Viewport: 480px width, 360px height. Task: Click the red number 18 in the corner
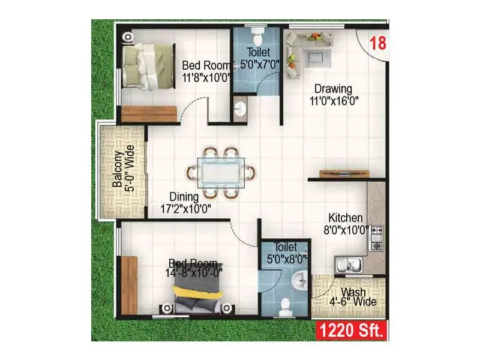point(377,43)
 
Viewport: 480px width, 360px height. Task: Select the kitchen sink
point(349,264)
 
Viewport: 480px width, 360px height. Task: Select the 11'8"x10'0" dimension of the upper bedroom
point(206,78)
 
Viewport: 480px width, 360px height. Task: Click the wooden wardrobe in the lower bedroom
point(129,284)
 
